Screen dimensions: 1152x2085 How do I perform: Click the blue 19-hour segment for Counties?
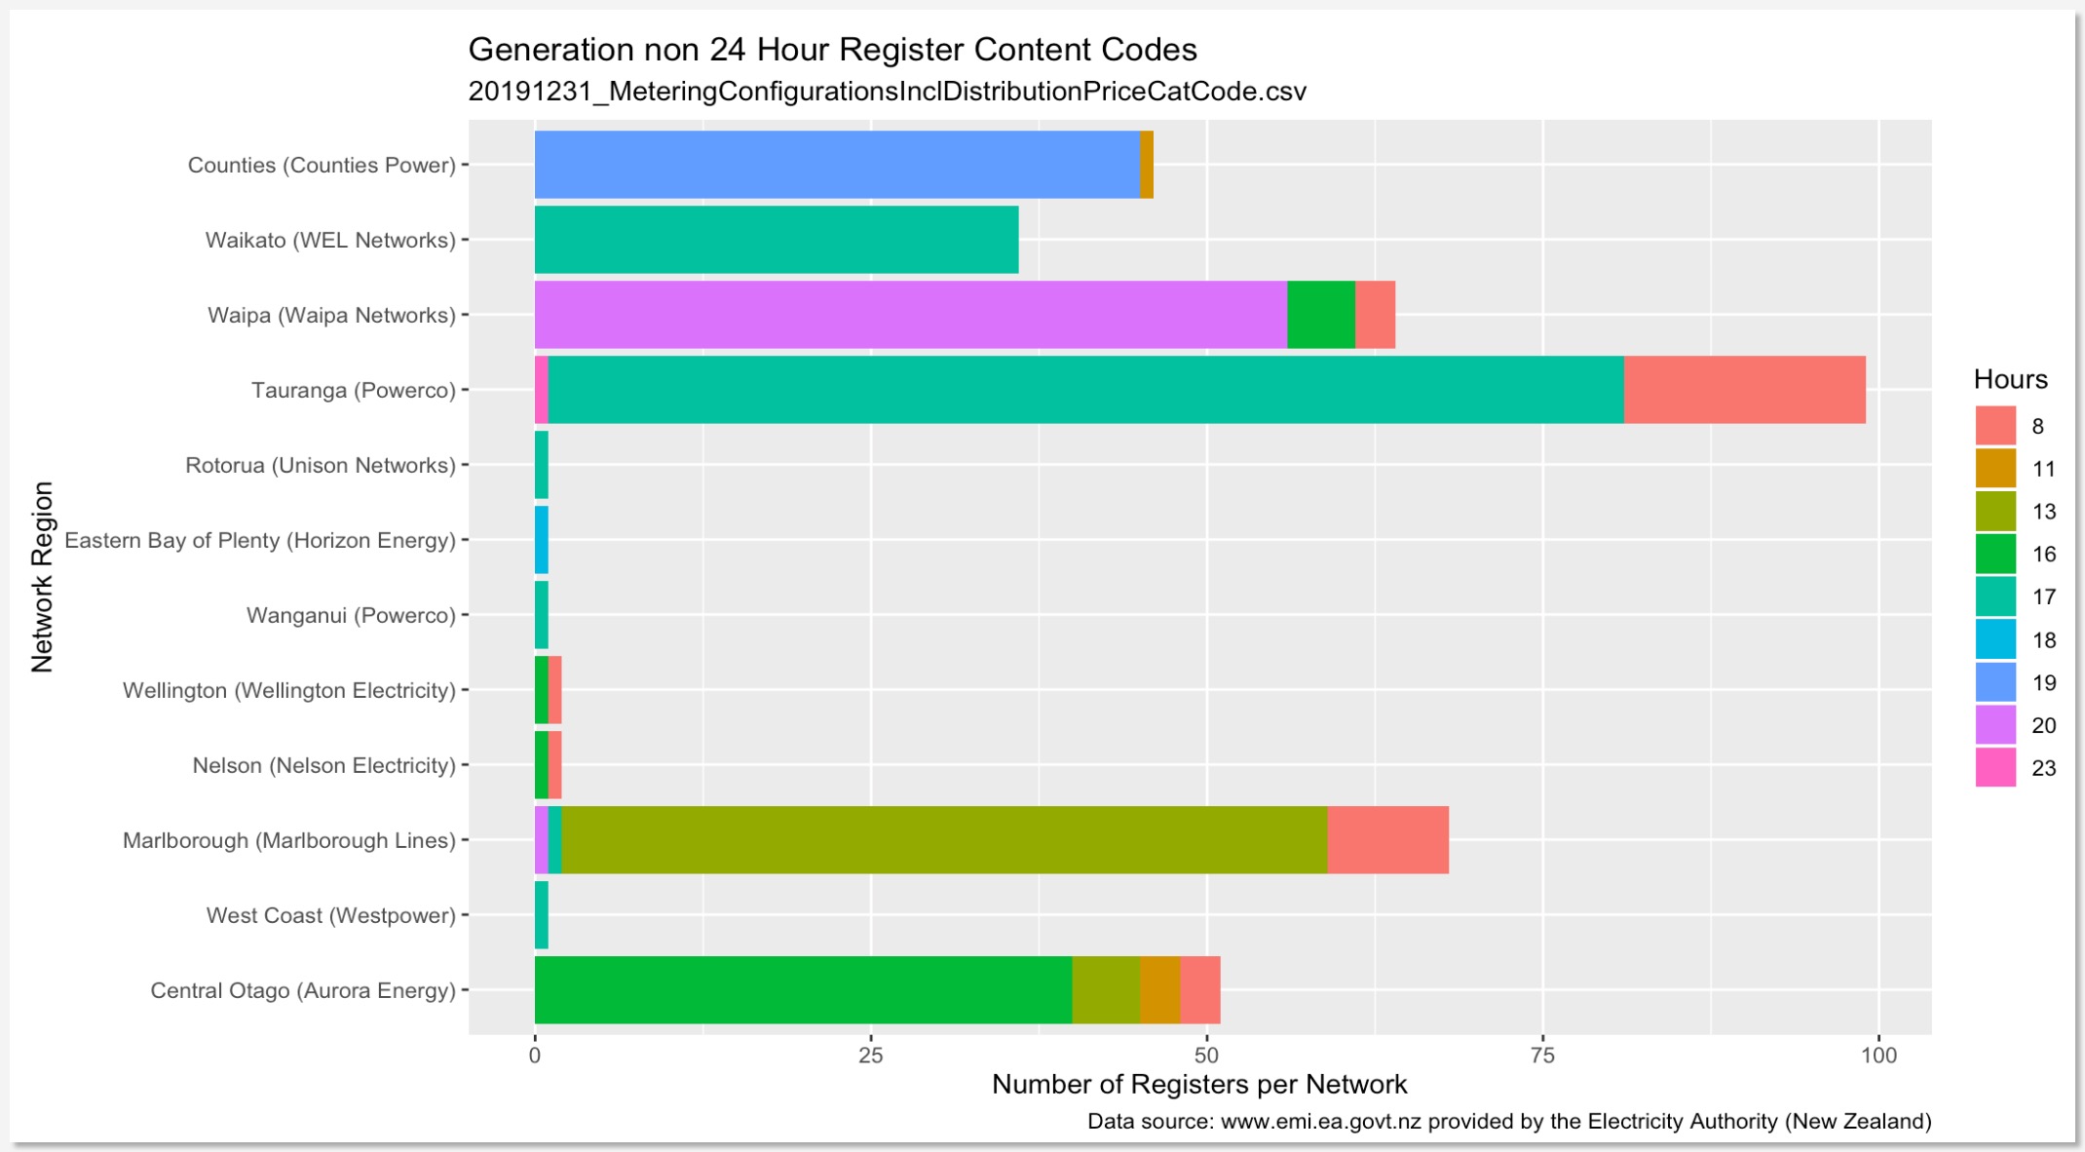(836, 165)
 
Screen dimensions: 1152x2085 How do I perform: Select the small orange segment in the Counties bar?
(1147, 165)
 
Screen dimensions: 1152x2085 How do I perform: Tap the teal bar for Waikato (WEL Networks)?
(776, 240)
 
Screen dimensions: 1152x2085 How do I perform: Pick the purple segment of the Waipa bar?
(910, 315)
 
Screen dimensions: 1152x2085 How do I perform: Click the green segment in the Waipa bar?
(1320, 315)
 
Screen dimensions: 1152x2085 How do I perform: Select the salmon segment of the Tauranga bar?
(1744, 390)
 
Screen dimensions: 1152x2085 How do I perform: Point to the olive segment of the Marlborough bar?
(943, 840)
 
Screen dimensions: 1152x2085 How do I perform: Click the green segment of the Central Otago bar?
(803, 990)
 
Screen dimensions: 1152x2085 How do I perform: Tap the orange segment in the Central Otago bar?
(1159, 990)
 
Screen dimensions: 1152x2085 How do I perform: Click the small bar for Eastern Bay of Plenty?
(542, 540)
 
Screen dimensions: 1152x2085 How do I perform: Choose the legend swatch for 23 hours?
(1994, 768)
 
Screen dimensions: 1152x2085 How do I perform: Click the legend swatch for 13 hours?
(1994, 512)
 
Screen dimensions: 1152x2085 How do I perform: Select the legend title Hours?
(2010, 379)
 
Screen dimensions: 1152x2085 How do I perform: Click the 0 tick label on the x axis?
(535, 1056)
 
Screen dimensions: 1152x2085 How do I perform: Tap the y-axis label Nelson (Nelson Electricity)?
(323, 765)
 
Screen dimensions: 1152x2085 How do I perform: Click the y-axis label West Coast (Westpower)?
(330, 915)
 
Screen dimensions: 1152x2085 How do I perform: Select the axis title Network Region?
(42, 577)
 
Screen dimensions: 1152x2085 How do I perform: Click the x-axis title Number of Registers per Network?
(1198, 1085)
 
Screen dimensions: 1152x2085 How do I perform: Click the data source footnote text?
(1508, 1122)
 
